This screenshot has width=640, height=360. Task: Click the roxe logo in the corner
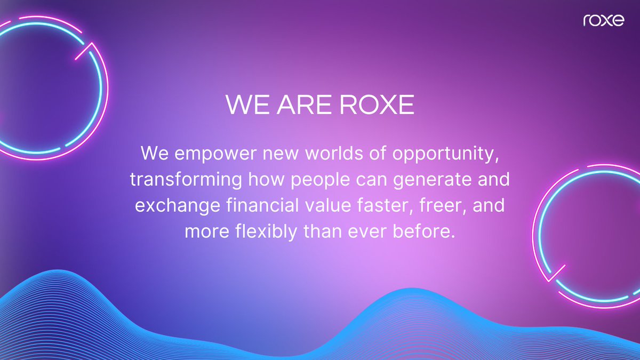(x=603, y=21)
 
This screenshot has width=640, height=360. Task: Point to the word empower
(x=205, y=154)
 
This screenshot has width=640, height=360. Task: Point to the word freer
(x=442, y=205)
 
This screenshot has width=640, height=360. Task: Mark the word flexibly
(x=265, y=231)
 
